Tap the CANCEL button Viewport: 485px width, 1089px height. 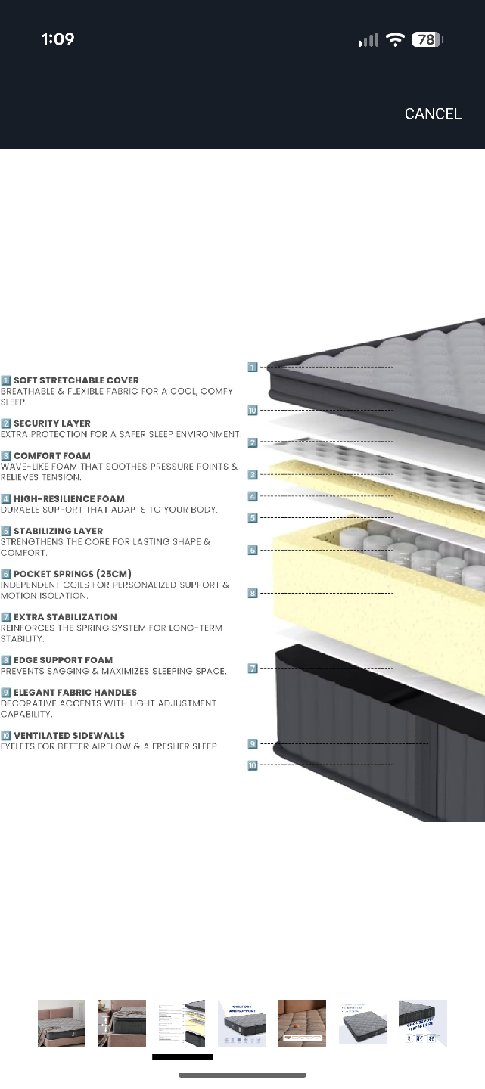[x=433, y=114]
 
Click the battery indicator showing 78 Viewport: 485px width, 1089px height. [x=427, y=40]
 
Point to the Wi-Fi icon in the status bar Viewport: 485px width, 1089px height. [x=395, y=40]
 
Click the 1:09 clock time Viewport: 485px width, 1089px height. [x=58, y=39]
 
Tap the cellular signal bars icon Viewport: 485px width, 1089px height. [x=368, y=40]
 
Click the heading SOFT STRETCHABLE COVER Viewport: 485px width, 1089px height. [x=76, y=380]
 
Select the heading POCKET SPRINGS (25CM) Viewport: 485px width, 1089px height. [x=72, y=574]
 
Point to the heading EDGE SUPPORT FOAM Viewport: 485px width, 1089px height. [x=63, y=660]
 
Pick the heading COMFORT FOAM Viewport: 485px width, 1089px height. [x=51, y=456]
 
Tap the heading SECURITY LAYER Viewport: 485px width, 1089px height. [x=51, y=423]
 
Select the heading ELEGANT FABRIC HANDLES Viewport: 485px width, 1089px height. [x=75, y=693]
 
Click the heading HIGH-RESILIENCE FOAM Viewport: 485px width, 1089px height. [x=69, y=499]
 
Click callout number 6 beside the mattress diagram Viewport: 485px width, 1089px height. [x=253, y=550]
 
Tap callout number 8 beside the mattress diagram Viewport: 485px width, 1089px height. [x=253, y=594]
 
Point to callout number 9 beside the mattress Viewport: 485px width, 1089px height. [x=253, y=743]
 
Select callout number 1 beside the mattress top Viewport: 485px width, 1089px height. [x=253, y=367]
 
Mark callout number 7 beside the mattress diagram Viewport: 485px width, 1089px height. [x=253, y=669]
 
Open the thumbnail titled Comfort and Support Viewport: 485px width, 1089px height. [x=242, y=1023]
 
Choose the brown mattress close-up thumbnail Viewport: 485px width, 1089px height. [x=302, y=1023]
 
